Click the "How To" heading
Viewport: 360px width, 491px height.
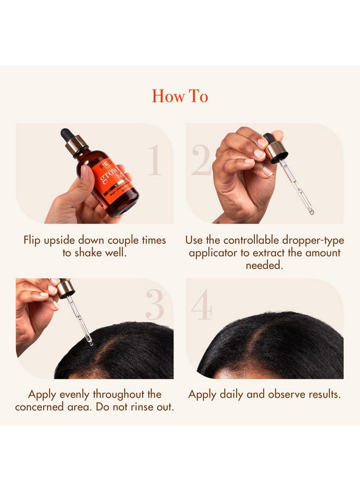click(x=180, y=97)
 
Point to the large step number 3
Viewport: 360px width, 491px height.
click(x=154, y=305)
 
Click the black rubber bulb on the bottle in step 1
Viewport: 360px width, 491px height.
click(x=67, y=134)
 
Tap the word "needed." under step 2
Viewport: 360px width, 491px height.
click(x=265, y=266)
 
